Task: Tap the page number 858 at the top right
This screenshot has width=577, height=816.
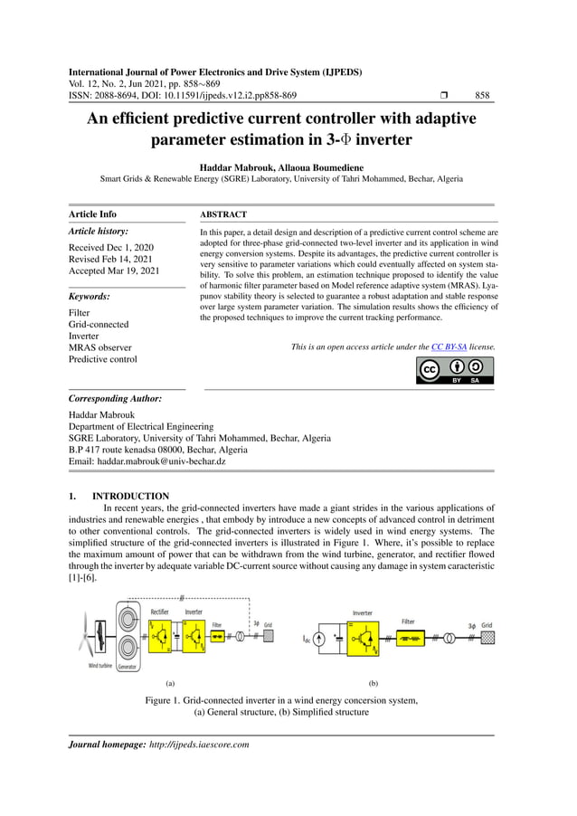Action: [482, 95]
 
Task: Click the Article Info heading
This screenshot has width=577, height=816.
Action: [92, 214]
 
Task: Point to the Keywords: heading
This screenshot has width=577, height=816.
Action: [90, 296]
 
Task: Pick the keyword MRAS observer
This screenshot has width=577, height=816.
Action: [99, 347]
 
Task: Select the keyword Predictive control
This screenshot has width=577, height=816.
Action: [103, 359]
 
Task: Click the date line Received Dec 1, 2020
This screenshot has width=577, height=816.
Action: [111, 247]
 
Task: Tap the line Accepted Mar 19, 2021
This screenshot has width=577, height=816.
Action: [114, 270]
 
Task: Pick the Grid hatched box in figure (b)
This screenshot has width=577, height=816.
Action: [487, 639]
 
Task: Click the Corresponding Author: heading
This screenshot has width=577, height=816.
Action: [116, 398]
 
